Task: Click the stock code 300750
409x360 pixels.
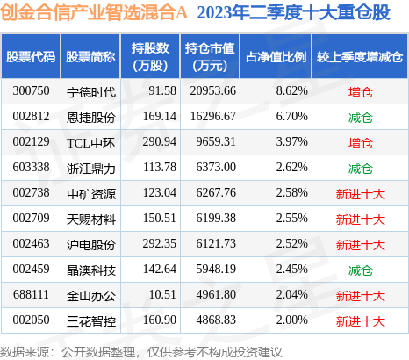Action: [31, 90]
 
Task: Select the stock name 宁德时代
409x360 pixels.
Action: [90, 90]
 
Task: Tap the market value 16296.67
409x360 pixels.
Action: [211, 115]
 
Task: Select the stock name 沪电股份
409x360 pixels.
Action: [90, 243]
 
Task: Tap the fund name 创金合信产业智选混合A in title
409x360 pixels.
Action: [93, 15]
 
